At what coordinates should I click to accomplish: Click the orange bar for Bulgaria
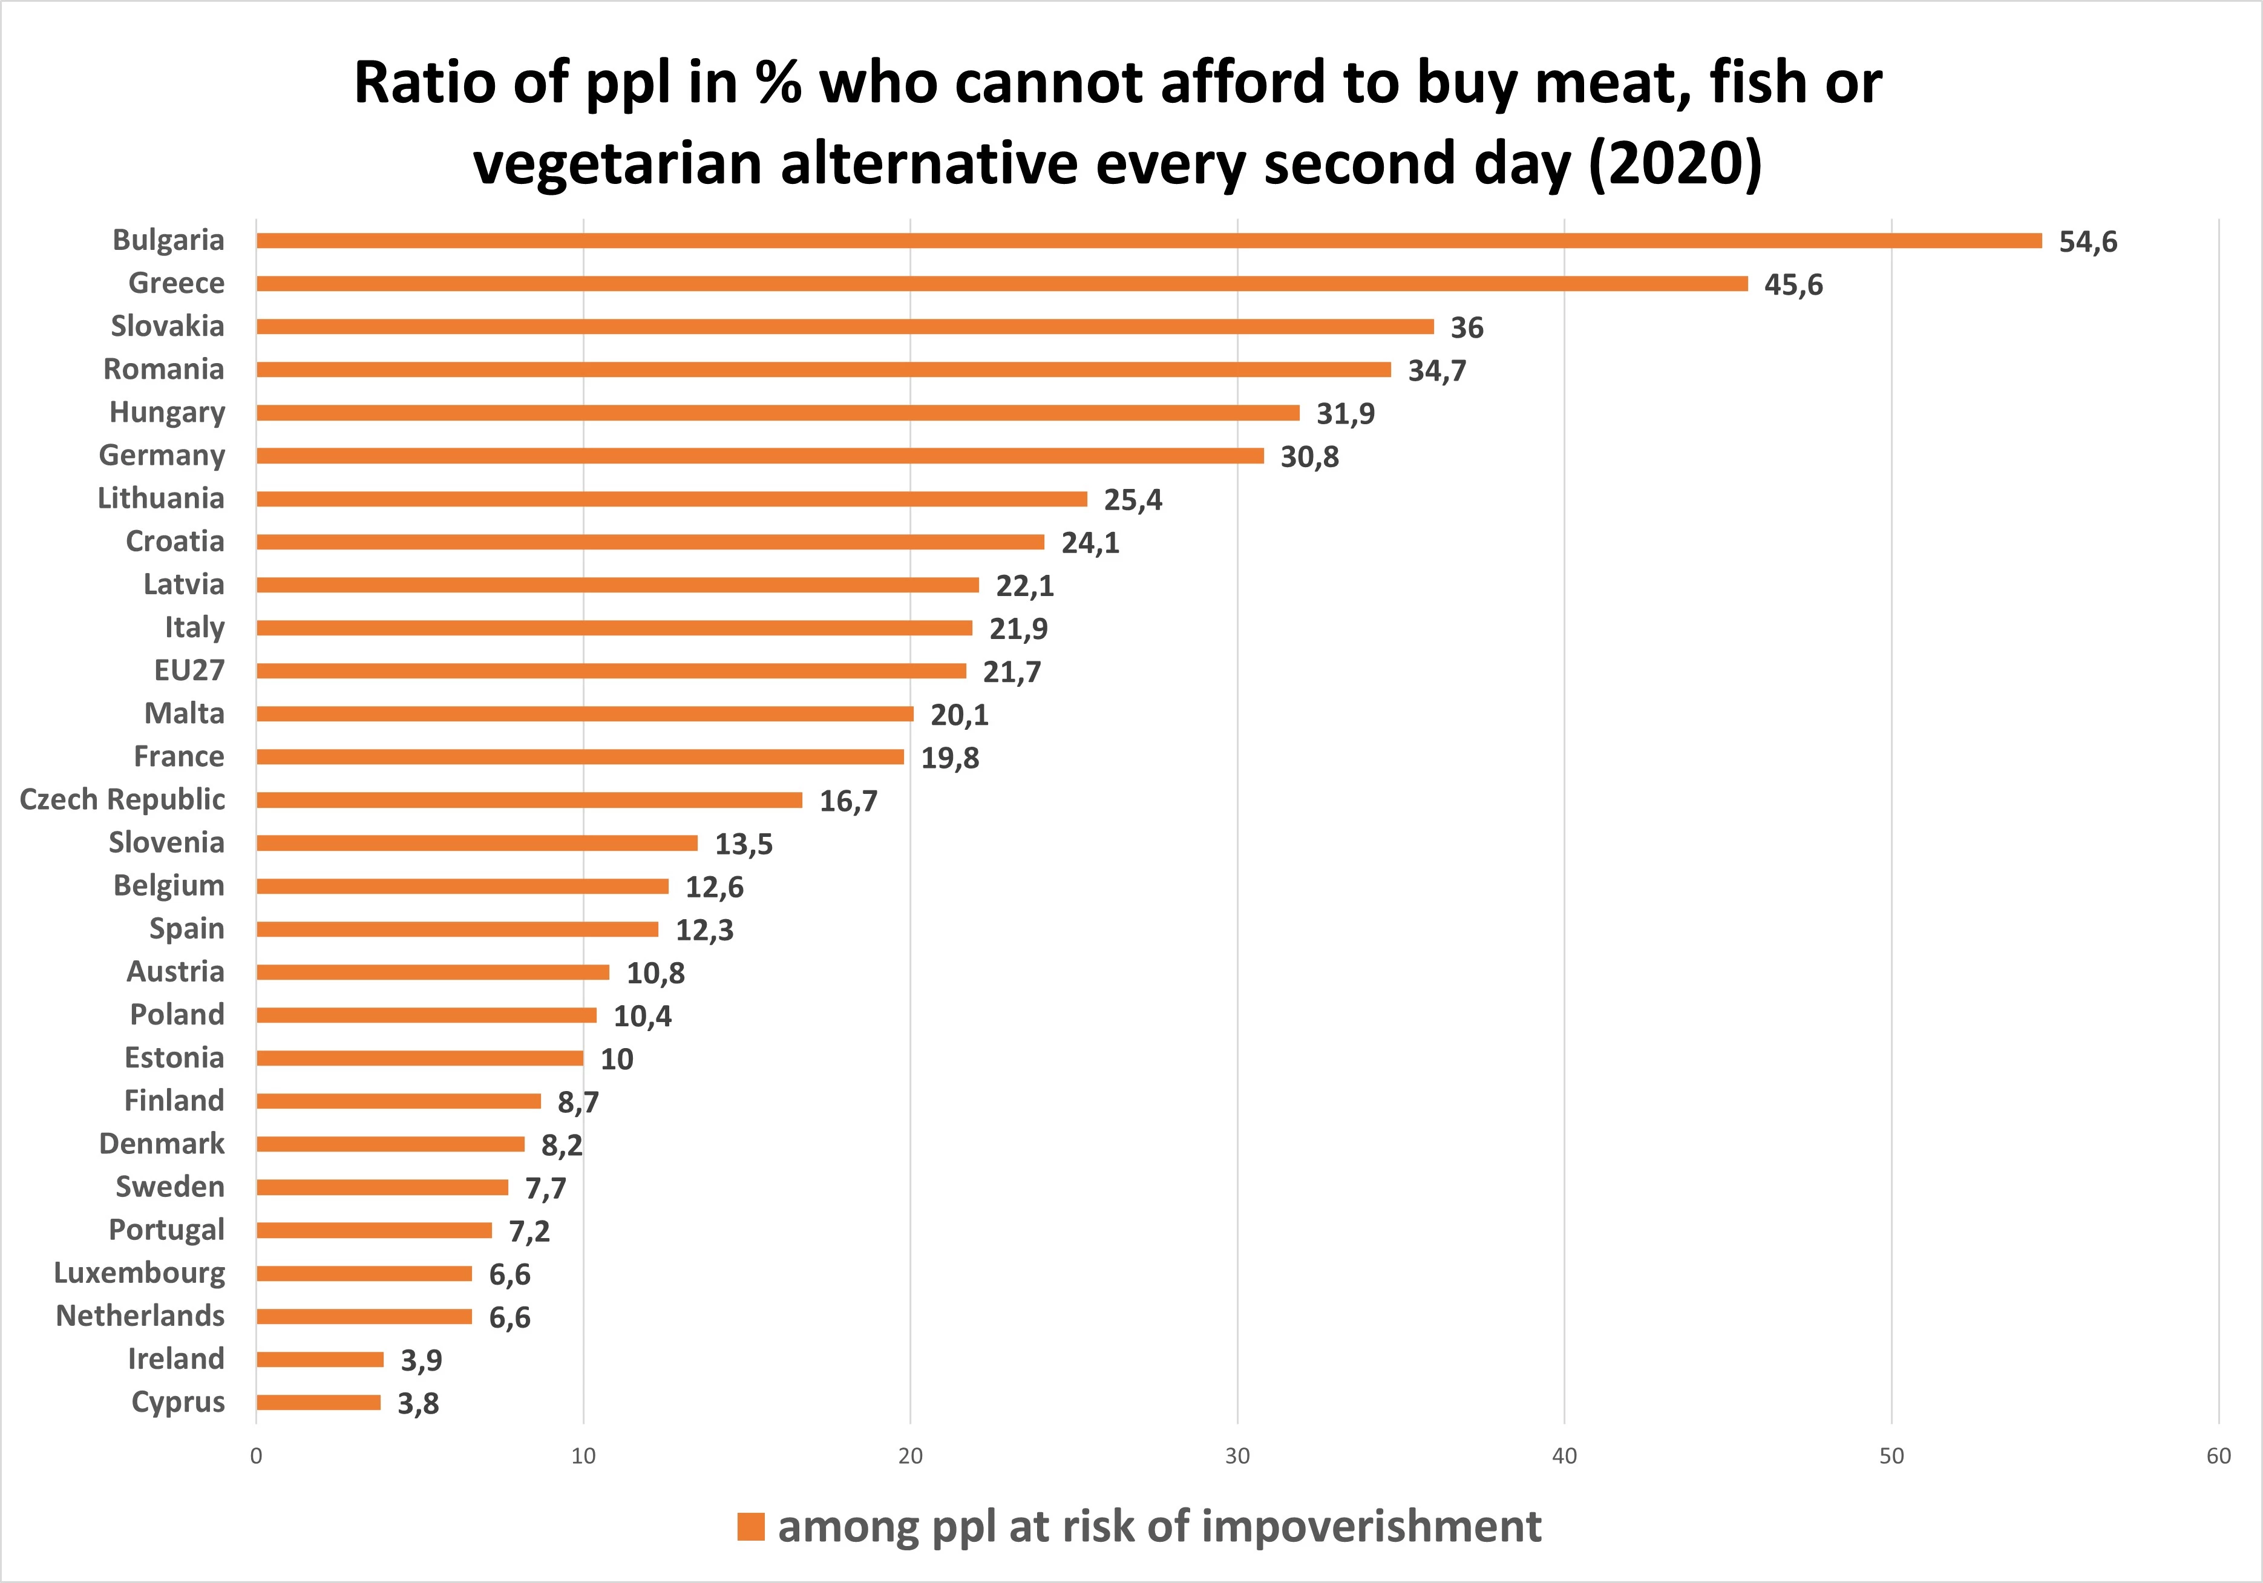point(1148,240)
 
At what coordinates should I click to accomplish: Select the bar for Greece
point(1001,284)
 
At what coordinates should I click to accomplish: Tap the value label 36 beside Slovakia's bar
point(1467,327)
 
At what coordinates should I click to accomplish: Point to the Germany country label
point(162,456)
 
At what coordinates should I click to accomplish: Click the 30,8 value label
point(1309,456)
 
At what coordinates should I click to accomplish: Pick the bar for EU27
point(611,671)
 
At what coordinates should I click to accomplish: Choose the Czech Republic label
point(122,799)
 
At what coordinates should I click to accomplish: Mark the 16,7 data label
point(848,801)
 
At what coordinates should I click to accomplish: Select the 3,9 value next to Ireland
point(421,1360)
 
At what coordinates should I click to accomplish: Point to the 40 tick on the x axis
point(1564,1456)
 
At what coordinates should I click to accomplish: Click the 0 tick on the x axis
point(257,1456)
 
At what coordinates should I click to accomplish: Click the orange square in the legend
point(751,1527)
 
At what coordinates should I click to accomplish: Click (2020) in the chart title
point(1675,163)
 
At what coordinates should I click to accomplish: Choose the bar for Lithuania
point(671,499)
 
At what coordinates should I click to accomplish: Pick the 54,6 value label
point(2088,241)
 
